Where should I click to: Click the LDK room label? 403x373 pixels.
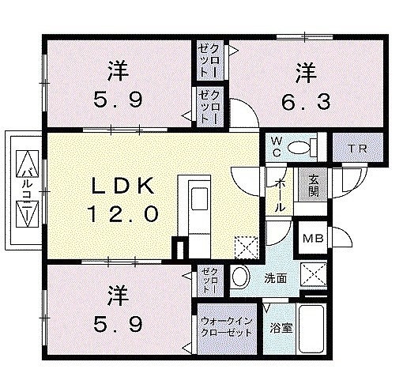click(122, 186)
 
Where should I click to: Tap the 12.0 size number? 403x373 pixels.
click(122, 213)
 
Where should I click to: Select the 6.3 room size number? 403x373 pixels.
click(306, 102)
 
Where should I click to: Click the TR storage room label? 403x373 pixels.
click(357, 149)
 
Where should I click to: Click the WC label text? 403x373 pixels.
click(277, 147)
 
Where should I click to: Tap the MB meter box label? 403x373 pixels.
click(313, 239)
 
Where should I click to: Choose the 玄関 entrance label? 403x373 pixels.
click(313, 186)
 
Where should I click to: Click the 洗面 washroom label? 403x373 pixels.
click(276, 278)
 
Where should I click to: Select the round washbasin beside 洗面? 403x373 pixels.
click(239, 277)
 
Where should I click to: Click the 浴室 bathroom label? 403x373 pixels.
click(281, 328)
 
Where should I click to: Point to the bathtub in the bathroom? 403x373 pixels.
click(312, 329)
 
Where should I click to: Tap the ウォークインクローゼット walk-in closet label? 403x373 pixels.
click(227, 327)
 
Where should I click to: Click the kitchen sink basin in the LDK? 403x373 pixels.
click(199, 199)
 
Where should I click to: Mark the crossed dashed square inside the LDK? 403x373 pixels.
click(246, 248)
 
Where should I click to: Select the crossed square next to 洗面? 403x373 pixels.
click(314, 274)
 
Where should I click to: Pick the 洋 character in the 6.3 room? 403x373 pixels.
click(306, 73)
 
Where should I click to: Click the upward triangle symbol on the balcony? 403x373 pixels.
click(27, 164)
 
